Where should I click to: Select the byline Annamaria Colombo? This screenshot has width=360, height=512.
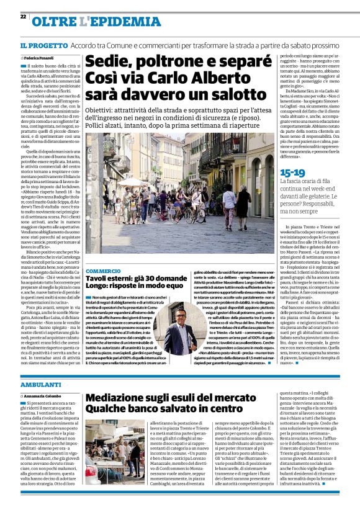43,395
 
